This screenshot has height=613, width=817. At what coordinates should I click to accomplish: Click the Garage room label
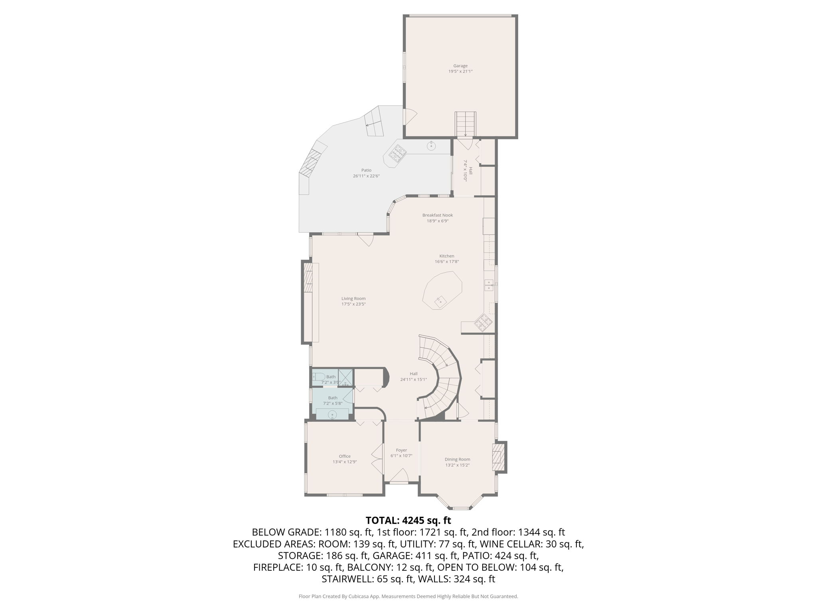(x=460, y=66)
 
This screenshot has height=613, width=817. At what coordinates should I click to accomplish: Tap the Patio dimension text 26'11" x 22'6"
(x=366, y=176)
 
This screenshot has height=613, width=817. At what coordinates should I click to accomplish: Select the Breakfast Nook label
(x=438, y=215)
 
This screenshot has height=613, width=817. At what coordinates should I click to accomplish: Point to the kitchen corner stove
(x=483, y=322)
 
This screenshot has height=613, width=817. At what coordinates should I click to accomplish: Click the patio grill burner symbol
(x=398, y=152)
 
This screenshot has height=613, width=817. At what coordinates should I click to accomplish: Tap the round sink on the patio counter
(x=431, y=146)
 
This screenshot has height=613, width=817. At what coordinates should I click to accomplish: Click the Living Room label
(x=353, y=299)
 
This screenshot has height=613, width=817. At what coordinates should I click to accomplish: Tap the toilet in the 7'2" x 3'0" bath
(x=318, y=377)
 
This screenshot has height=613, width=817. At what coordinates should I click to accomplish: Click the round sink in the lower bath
(x=332, y=415)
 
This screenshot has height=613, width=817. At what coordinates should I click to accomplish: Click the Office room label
(x=345, y=456)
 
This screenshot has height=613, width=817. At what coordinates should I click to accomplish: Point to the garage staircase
(x=466, y=124)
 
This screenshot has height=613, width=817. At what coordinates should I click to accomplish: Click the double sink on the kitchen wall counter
(x=489, y=285)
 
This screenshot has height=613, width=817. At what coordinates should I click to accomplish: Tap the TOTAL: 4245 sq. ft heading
(x=408, y=520)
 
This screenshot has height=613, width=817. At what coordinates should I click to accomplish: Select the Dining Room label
(x=457, y=459)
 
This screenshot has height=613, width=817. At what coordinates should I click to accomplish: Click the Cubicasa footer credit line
(x=408, y=596)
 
